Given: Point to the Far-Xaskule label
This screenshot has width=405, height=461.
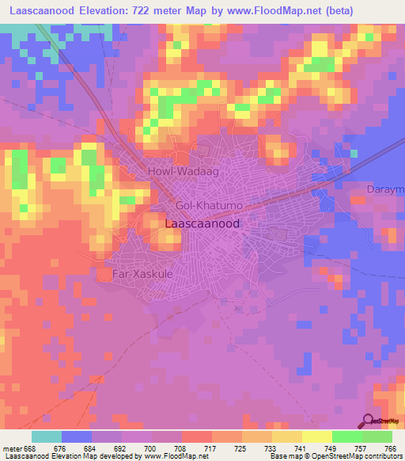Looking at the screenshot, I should point(142,273).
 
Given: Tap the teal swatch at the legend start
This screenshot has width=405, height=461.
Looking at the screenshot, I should point(47,436).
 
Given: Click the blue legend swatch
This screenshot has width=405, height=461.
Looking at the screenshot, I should point(77,436).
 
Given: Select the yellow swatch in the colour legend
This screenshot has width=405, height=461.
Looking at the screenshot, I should point(317,436).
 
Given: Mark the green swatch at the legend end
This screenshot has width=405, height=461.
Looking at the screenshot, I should point(377,436).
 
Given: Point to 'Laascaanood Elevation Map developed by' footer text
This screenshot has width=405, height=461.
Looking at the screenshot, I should point(58,457).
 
